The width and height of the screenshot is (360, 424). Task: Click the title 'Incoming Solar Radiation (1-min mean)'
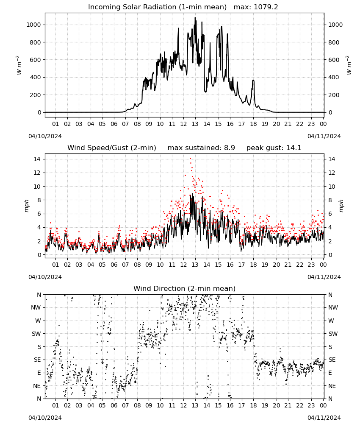point(157,7)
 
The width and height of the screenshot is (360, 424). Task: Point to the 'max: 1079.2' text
point(256,7)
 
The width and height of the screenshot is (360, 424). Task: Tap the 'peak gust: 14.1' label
point(274,148)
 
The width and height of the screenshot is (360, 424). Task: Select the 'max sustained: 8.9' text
point(201,148)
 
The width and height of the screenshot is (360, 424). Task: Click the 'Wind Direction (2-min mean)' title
point(185,288)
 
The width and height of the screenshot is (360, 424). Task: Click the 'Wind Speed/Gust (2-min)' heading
point(112,148)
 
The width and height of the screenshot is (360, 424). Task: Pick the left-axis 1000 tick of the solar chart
point(33,25)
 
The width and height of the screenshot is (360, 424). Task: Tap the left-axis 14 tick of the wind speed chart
point(37,159)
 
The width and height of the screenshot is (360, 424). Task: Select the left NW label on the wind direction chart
point(36,308)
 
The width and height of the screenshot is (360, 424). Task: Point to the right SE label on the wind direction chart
point(332,360)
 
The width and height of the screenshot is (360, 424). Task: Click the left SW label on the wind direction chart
point(36,334)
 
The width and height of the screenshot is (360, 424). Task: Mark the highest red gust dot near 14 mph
point(191,159)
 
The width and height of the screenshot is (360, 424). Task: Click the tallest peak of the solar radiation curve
point(195,18)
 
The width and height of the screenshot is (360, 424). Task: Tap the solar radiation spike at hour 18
point(253,81)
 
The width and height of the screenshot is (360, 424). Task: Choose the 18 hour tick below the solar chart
point(253,124)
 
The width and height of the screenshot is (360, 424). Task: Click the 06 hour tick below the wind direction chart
point(114,406)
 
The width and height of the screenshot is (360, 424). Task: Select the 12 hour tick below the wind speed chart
point(184,265)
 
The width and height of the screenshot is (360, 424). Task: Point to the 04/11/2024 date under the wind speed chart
point(324,277)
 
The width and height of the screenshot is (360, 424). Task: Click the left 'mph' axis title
point(26,206)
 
